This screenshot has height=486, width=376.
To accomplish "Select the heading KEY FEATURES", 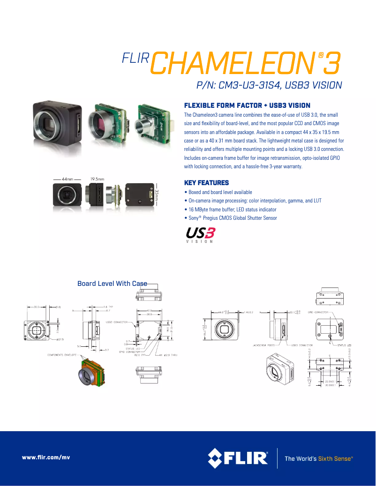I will (206, 183).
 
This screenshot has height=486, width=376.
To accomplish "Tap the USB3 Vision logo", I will (201, 235).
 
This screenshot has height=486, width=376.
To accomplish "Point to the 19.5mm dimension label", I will (97, 179).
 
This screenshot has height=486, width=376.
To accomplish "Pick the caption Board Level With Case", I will (112, 284).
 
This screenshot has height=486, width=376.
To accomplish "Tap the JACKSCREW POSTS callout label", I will (263, 344).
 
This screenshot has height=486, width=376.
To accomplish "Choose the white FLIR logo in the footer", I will (238, 458).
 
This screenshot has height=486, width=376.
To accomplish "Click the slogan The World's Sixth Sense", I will (318, 458).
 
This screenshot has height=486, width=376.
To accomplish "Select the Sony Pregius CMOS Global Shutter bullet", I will (231, 218).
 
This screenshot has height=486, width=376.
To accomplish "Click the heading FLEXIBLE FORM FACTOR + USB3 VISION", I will (247, 105).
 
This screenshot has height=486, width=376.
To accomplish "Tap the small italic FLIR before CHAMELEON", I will (135, 58).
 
